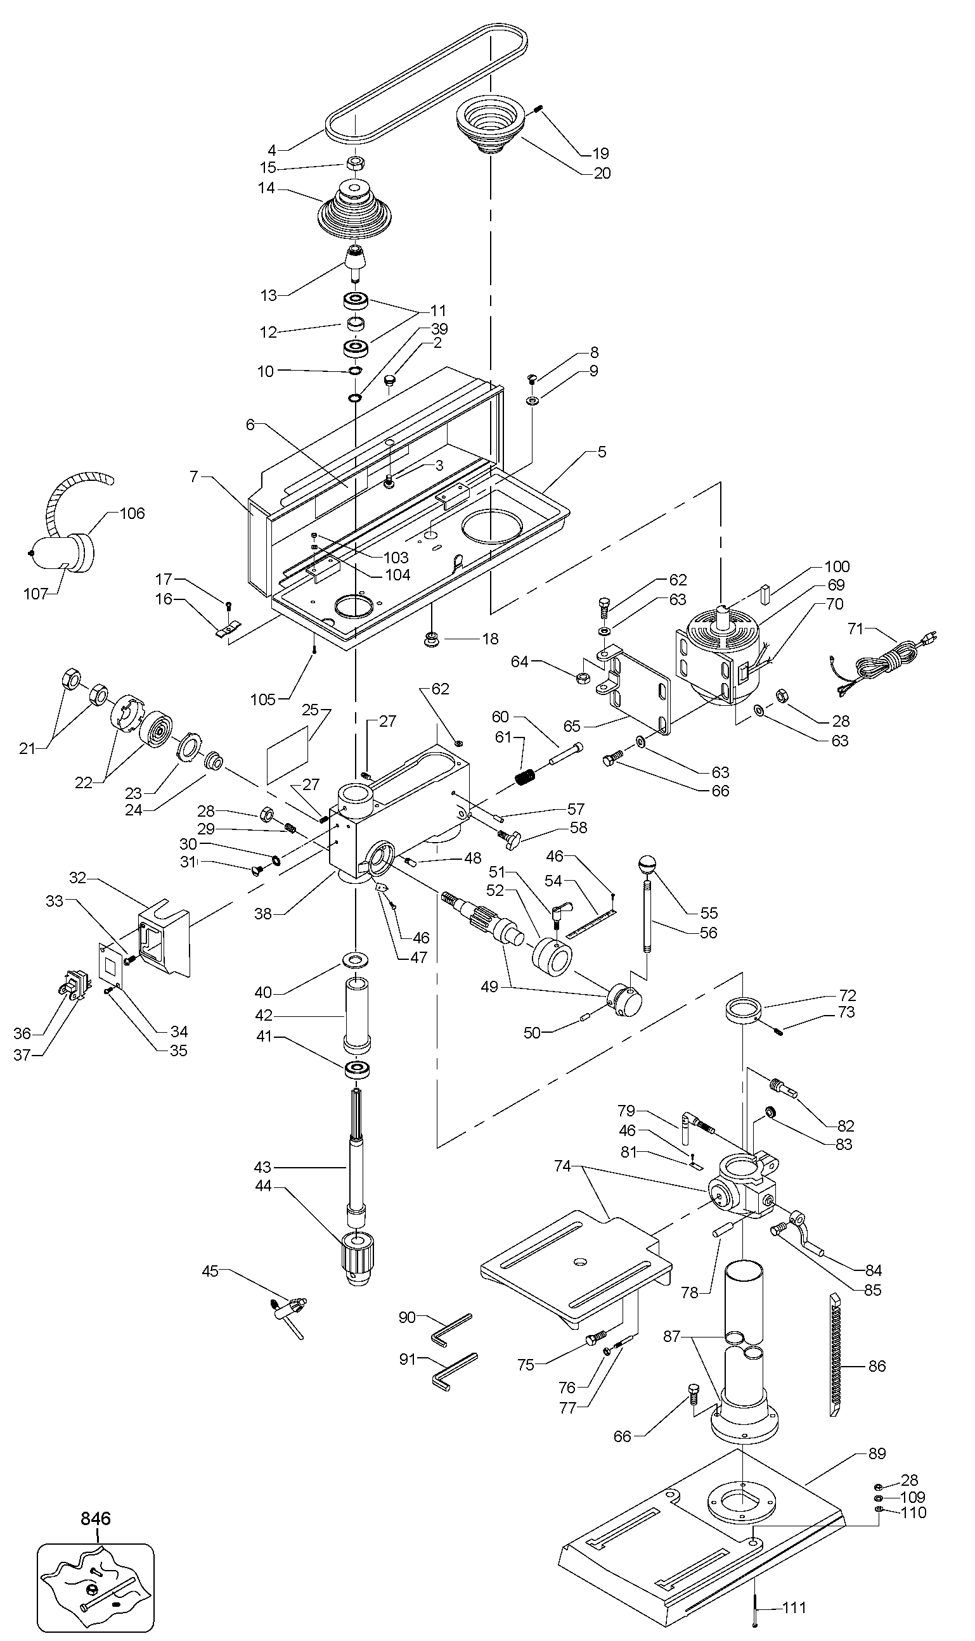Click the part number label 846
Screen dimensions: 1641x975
96,1518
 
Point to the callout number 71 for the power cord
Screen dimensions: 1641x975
855,629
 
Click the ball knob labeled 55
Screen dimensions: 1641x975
648,864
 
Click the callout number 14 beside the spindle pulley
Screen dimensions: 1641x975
266,188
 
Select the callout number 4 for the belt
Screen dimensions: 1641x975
272,150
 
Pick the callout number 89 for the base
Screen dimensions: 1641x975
877,1453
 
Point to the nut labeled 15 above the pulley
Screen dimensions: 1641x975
356,162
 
